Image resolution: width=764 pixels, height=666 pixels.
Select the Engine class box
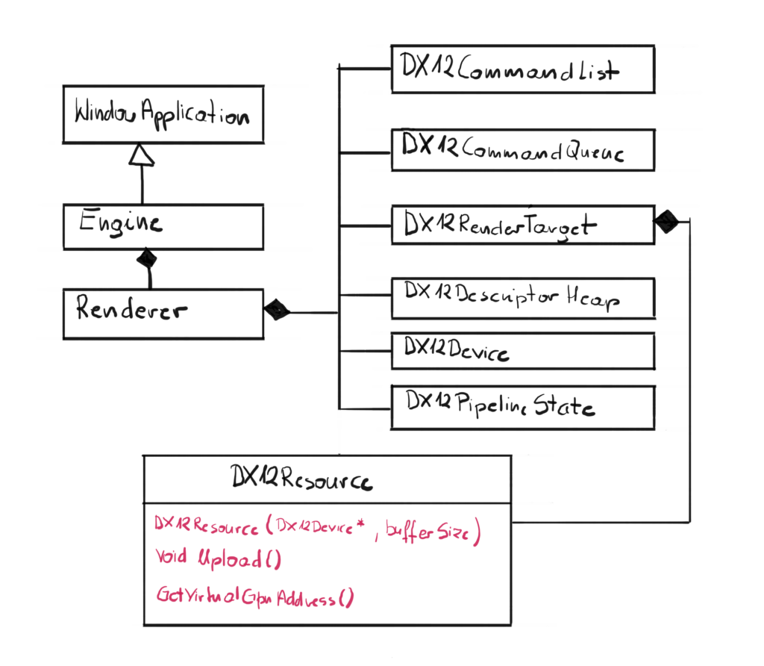pyautogui.click(x=163, y=227)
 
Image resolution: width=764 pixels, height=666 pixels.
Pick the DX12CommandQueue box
pyautogui.click(x=522, y=151)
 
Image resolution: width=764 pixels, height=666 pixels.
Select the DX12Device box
pyautogui.click(x=522, y=351)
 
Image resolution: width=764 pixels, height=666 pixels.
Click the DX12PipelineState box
pyautogui.click(x=522, y=407)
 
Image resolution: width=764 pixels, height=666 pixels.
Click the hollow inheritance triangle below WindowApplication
pyautogui.click(x=141, y=154)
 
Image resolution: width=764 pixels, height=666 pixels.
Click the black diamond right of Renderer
pyautogui.click(x=277, y=308)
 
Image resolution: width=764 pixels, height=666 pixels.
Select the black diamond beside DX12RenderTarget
pyautogui.click(x=666, y=221)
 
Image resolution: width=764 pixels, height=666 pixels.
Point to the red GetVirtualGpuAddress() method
pyautogui.click(x=254, y=597)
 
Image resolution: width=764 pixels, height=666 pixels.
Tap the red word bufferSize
pyautogui.click(x=433, y=531)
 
